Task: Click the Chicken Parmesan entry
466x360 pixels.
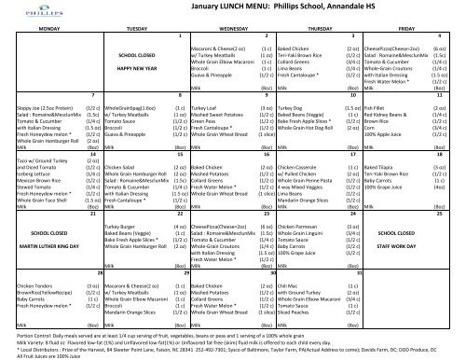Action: point(292,227)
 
